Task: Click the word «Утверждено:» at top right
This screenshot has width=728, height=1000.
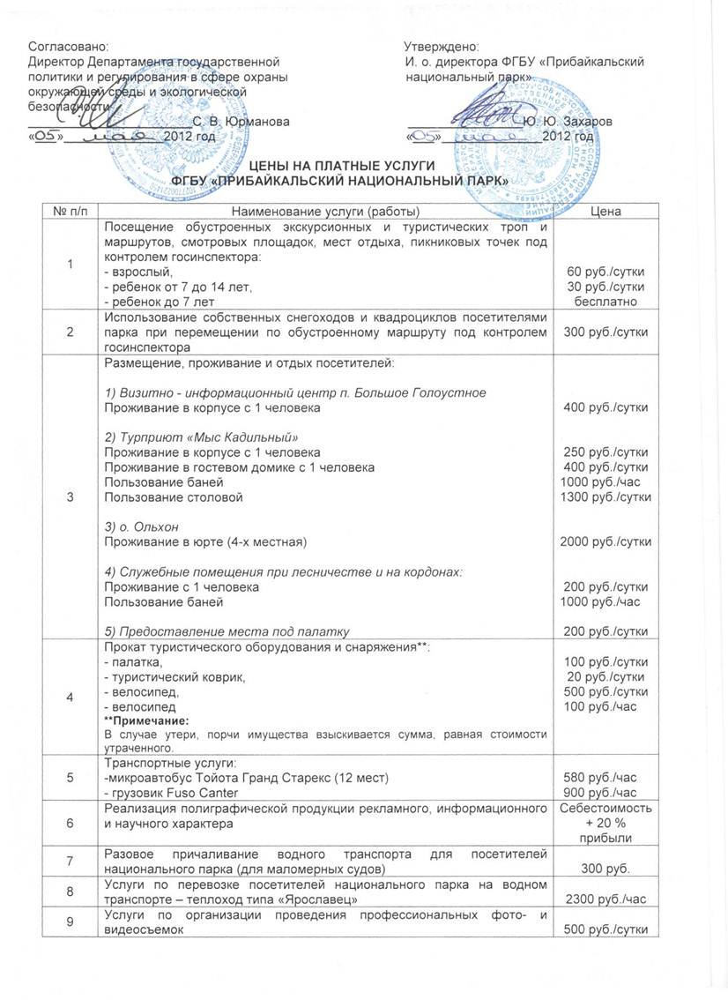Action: pyautogui.click(x=442, y=46)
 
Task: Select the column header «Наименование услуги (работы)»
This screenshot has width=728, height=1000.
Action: pyautogui.click(x=324, y=212)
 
